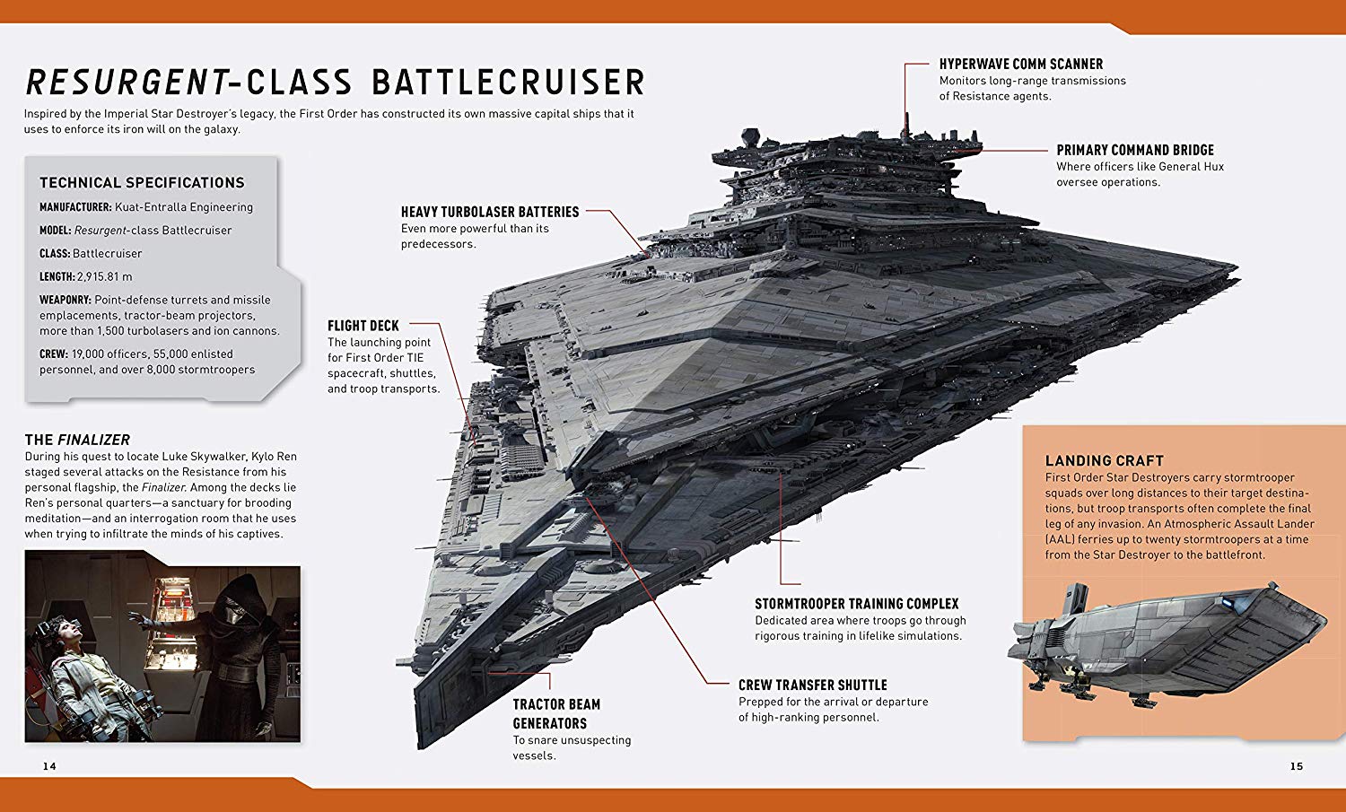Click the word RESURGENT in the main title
click(x=127, y=83)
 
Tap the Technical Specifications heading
click(x=143, y=183)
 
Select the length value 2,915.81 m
click(x=105, y=277)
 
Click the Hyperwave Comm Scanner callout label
click(x=1021, y=64)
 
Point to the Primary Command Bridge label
click(x=1135, y=150)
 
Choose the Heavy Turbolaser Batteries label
click(x=490, y=212)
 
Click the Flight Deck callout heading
click(x=363, y=326)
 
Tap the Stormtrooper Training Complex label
click(x=857, y=604)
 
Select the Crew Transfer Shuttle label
click(x=812, y=685)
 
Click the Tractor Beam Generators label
click(x=556, y=713)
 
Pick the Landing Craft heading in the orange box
click(x=1105, y=461)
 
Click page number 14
click(x=49, y=766)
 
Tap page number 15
click(x=1297, y=766)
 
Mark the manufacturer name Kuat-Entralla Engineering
click(x=184, y=207)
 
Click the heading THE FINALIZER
click(x=77, y=440)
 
